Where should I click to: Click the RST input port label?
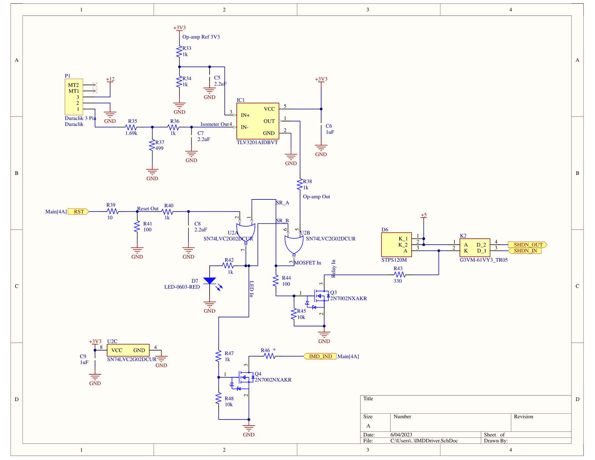click(78, 212)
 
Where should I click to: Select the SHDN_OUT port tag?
click(527, 245)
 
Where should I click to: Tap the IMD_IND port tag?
click(320, 356)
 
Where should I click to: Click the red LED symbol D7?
click(210, 281)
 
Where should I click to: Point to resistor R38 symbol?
click(300, 185)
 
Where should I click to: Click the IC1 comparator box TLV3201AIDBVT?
click(258, 121)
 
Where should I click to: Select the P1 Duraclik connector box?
click(74, 97)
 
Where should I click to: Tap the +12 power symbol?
click(110, 80)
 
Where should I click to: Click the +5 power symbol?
click(423, 216)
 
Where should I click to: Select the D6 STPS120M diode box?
click(396, 245)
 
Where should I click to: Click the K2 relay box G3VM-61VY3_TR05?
click(475, 248)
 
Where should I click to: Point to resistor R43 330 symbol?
click(400, 275)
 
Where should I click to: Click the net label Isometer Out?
click(215, 124)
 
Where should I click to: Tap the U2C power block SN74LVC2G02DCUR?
click(128, 350)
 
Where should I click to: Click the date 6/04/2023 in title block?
click(401, 435)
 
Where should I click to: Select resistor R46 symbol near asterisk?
click(269, 356)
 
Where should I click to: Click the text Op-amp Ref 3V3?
click(201, 37)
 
